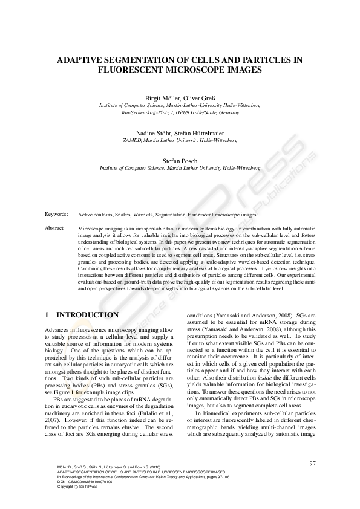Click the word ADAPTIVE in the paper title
81,60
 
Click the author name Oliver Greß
199,98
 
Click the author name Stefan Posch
180,160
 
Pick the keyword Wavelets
141,215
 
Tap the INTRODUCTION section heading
87,315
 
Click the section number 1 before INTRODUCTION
47,315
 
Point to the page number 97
312,463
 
